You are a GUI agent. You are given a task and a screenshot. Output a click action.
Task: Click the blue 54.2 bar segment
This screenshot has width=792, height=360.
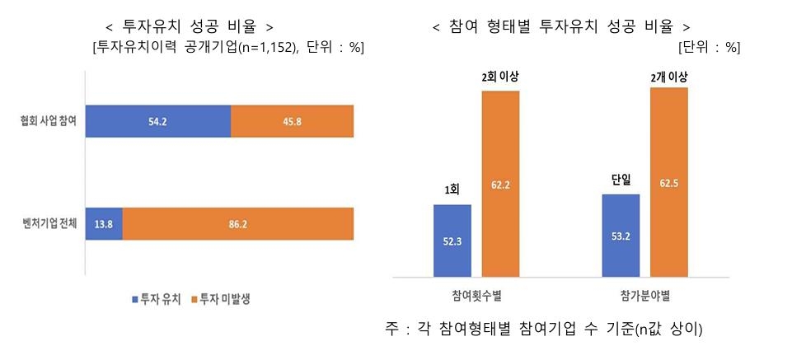(157, 121)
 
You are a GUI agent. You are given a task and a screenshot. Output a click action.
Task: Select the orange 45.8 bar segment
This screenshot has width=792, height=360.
(292, 121)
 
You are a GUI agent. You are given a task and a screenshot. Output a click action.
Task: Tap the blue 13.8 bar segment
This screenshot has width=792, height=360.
(104, 222)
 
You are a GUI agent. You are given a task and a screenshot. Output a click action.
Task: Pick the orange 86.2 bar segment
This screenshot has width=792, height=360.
(238, 222)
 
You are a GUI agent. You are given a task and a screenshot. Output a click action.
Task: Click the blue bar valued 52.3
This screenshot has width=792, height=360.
(452, 241)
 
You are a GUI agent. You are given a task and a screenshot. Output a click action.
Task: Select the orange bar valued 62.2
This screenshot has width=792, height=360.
(500, 184)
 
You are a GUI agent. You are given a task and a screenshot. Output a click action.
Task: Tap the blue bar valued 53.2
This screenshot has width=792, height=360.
(621, 236)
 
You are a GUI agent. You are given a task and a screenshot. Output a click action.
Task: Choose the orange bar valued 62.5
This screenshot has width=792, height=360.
(668, 182)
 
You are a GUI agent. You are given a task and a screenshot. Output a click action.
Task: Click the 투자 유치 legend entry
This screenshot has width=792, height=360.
(153, 299)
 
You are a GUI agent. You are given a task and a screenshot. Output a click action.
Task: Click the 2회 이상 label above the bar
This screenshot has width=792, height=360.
(500, 78)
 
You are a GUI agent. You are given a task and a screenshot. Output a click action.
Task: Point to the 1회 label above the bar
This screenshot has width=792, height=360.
(452, 189)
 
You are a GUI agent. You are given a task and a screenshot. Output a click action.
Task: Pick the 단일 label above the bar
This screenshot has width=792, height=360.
(621, 180)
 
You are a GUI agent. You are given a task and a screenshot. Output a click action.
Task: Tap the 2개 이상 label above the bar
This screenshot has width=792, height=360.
(668, 77)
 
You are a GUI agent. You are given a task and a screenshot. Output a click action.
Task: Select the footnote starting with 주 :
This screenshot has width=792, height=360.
(543, 330)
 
